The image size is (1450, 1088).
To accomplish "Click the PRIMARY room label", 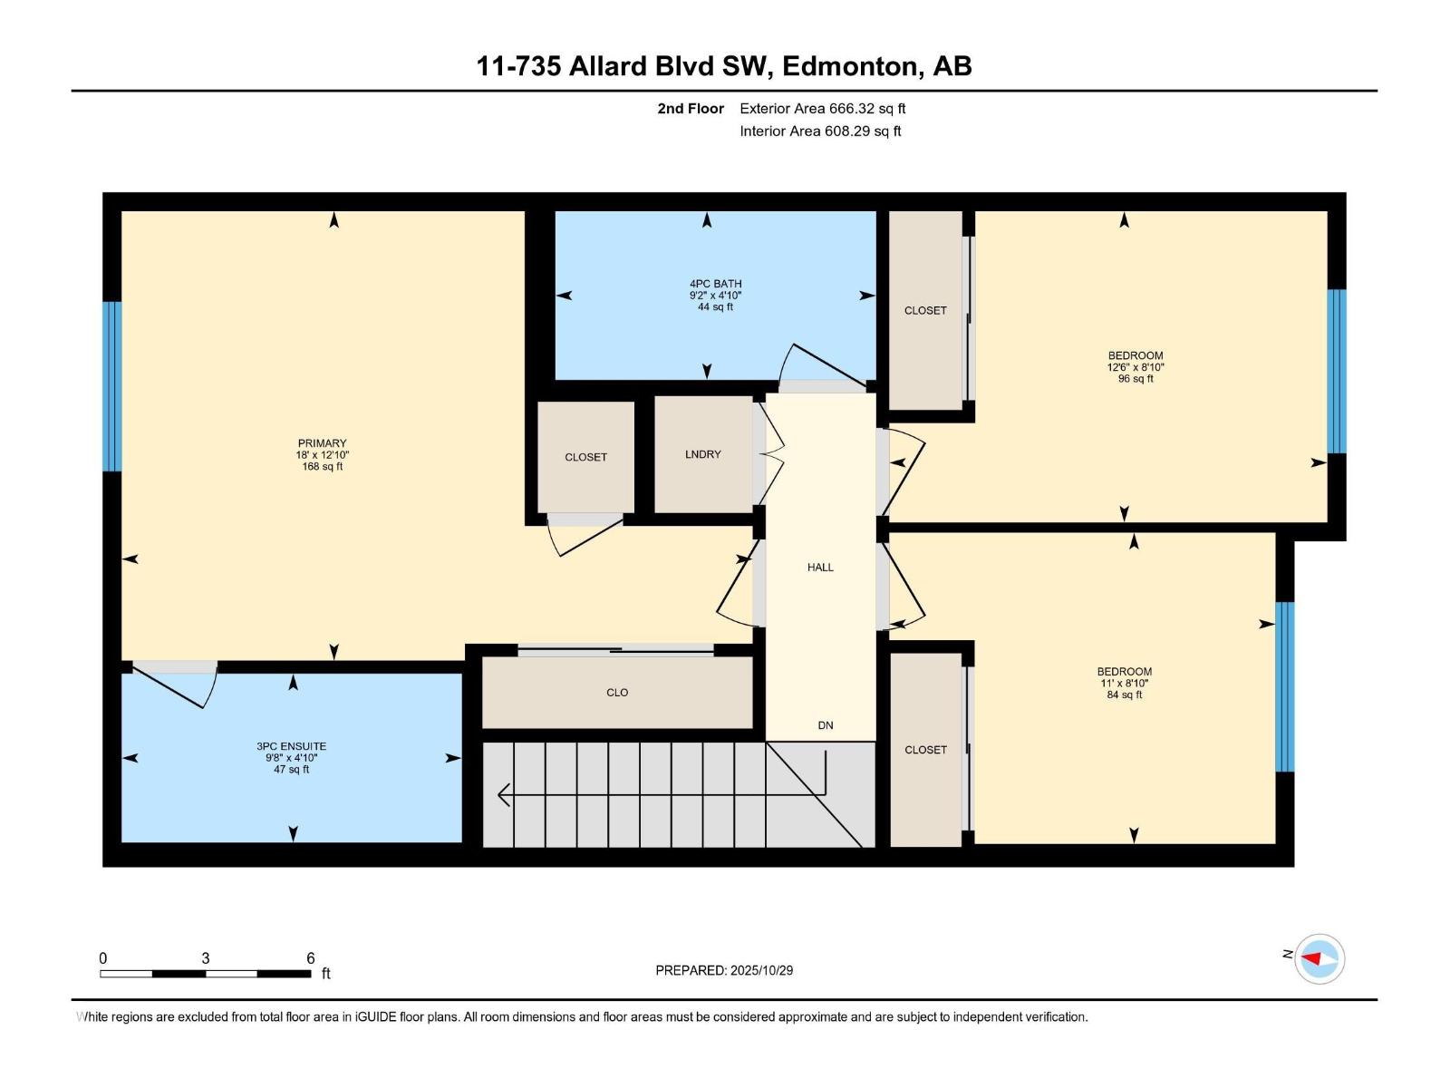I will [322, 444].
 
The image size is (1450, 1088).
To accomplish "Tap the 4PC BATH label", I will [715, 284].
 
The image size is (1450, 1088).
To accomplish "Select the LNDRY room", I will [702, 454].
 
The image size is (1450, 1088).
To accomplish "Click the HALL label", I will [820, 568].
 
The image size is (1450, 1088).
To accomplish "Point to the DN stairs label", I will [825, 725].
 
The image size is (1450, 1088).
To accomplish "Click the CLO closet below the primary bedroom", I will [617, 693].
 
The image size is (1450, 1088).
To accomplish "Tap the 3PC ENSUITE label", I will [291, 747].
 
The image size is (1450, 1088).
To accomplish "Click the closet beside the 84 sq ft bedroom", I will [925, 750].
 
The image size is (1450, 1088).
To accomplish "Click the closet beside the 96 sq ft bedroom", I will [925, 310].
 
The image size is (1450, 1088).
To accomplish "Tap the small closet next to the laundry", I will [585, 457].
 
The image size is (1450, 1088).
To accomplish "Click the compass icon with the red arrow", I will [1319, 958].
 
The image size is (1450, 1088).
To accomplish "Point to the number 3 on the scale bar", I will [206, 958].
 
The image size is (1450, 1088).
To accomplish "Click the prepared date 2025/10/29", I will [760, 970].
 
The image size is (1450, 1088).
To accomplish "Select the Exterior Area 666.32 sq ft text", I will [822, 109].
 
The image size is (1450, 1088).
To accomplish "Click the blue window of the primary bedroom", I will [111, 386].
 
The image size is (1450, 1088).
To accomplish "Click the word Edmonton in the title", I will [848, 66].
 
